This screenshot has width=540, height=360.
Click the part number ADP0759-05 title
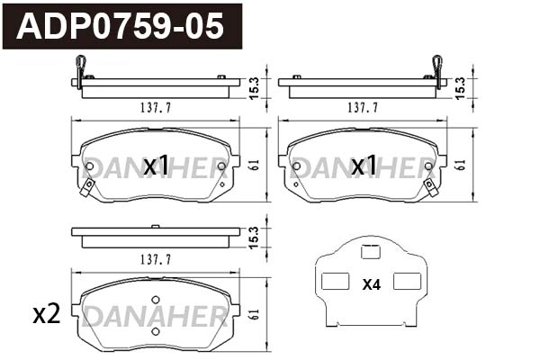pos(121,26)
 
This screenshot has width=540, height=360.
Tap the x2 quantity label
pos(46,314)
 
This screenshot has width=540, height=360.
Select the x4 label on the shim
pos(371,285)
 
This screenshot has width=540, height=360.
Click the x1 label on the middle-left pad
pos(157,166)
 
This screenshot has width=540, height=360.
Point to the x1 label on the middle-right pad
pos(364,166)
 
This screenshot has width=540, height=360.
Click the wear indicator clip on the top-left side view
pos(80,69)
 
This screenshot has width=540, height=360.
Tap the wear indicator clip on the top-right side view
pos(438,69)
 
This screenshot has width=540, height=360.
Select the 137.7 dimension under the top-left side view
pos(156,107)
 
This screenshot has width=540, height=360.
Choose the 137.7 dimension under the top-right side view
pos(362,107)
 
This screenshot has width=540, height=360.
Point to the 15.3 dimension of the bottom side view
pos(255,237)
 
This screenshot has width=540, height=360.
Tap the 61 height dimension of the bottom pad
pos(255,314)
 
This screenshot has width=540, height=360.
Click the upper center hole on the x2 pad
pos(155,300)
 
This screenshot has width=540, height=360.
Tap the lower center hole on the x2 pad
pos(155,330)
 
